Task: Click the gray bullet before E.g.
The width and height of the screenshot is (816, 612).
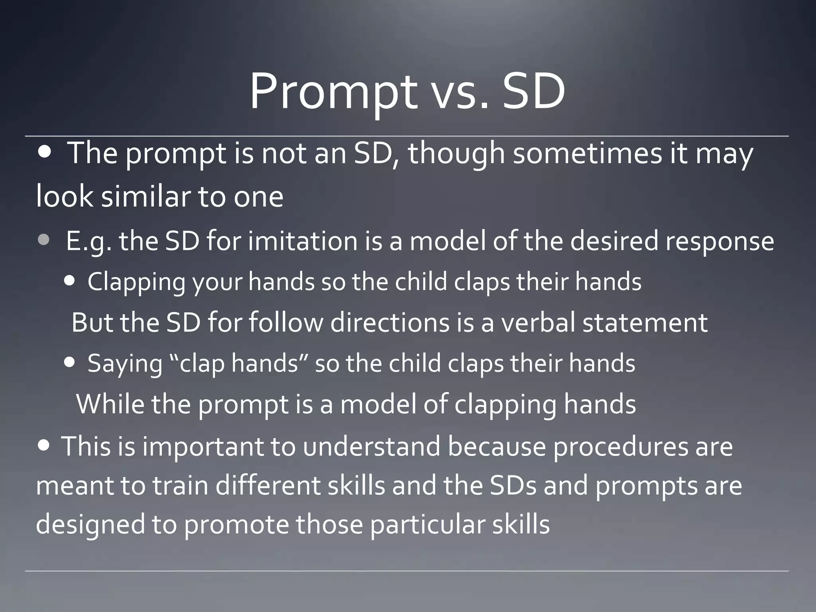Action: [x=44, y=240]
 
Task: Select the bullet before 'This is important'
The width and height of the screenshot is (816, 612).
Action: [x=45, y=445]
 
